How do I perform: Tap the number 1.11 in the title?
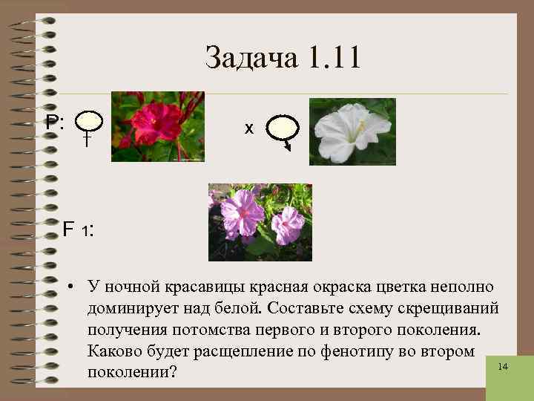coord(332,58)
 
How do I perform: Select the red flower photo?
coord(157,126)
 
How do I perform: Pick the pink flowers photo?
coord(260,222)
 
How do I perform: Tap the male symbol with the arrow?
coord(283,131)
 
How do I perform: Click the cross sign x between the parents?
coord(249,128)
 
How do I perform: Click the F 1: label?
coord(77,230)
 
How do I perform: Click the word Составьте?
coord(309,307)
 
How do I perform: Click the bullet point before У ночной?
coord(67,287)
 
